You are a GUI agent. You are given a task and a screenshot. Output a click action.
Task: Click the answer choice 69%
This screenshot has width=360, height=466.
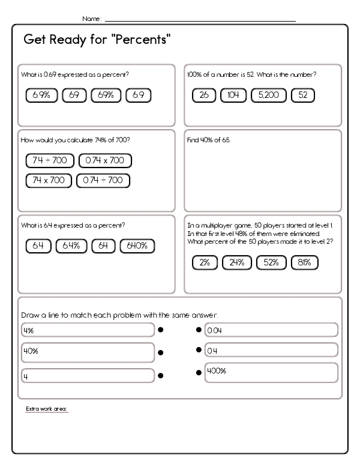click(x=106, y=95)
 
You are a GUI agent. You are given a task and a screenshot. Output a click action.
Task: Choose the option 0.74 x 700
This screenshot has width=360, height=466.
click(x=105, y=160)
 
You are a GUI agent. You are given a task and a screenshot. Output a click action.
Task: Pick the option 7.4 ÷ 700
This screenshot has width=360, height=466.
click(x=50, y=160)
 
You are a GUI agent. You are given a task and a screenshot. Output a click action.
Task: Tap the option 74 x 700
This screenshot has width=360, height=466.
click(x=49, y=180)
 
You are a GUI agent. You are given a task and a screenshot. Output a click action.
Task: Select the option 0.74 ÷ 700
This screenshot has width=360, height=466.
click(x=103, y=180)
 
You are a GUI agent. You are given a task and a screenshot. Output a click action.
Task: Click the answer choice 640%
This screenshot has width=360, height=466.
click(x=137, y=245)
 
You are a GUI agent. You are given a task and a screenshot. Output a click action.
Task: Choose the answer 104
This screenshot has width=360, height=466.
click(x=233, y=95)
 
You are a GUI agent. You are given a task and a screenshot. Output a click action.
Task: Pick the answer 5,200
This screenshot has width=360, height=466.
click(x=269, y=95)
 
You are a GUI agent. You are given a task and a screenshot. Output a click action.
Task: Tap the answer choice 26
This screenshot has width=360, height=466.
click(x=203, y=95)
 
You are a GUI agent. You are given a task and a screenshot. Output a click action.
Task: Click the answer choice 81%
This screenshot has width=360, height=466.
click(x=304, y=262)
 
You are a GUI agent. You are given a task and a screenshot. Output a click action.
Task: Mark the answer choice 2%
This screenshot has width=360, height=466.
click(x=205, y=262)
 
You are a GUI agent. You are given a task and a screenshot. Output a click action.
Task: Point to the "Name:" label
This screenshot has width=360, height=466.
click(x=91, y=19)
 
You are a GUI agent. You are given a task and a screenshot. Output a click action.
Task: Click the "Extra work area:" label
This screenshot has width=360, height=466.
click(x=47, y=410)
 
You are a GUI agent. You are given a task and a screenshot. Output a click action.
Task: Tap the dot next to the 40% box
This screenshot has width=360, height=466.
click(x=161, y=353)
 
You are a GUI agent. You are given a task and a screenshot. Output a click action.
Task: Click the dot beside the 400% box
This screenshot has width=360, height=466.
click(x=199, y=373)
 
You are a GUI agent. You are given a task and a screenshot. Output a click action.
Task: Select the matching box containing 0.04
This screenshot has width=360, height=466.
click(x=271, y=330)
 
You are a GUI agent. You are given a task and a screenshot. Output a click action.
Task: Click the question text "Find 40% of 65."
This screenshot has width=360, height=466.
click(x=209, y=140)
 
